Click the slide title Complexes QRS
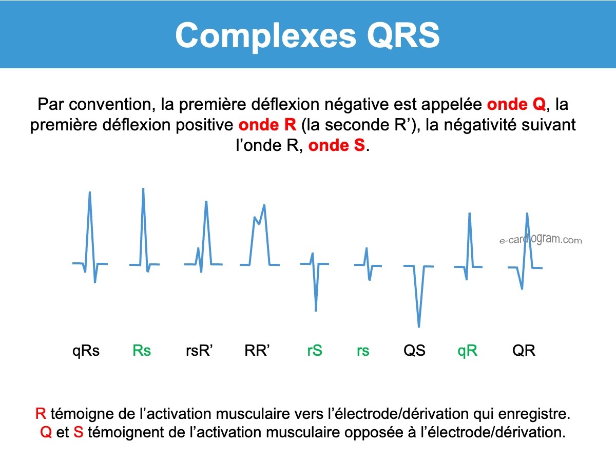[307, 35]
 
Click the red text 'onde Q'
[516, 104]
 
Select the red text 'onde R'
[267, 125]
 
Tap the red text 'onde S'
[336, 145]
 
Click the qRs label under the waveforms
[86, 351]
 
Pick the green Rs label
[142, 351]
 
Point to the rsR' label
[199, 351]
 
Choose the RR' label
[257, 350]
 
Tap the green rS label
[315, 351]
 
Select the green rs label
[363, 351]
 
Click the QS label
[414, 351]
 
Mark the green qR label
[467, 351]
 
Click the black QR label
[524, 351]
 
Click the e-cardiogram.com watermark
[541, 240]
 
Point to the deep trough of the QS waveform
[419, 326]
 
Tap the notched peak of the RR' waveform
[264, 205]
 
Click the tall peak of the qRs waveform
[89, 192]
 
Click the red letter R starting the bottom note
[41, 414]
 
